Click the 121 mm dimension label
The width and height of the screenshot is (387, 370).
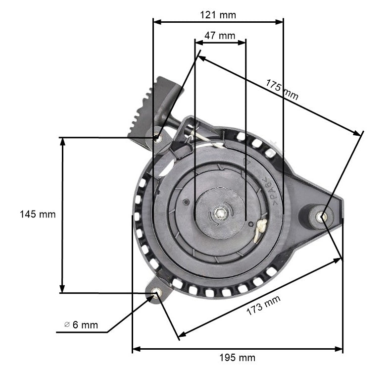218,15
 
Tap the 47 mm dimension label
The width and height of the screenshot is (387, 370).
220,36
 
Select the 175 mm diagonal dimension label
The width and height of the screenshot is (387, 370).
282,90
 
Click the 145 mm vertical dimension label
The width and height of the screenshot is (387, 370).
38,214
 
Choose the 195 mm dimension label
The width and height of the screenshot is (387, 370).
238,358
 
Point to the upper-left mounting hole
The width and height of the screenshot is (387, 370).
158,138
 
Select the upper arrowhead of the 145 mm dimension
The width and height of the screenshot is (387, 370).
62,141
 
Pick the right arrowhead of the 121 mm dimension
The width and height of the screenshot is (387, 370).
280,21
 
